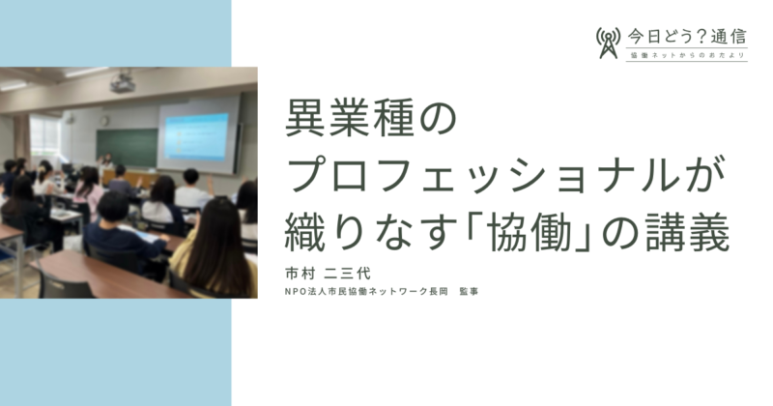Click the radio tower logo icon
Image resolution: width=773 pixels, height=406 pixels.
[608, 43]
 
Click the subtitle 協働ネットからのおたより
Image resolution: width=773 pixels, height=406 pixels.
[687, 55]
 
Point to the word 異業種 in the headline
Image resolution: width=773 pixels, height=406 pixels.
[350, 118]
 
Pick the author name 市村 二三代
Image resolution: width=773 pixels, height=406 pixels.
[328, 274]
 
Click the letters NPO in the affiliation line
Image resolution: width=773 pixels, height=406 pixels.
[295, 292]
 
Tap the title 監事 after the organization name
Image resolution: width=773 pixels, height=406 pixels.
[469, 292]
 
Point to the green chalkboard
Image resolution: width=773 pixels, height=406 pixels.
[127, 148]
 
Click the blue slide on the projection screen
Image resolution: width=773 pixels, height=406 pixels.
[196, 137]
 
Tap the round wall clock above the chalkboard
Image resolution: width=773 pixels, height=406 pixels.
[104, 121]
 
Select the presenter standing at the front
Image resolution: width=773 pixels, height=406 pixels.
[105, 166]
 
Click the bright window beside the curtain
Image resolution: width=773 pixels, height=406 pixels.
[44, 135]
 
